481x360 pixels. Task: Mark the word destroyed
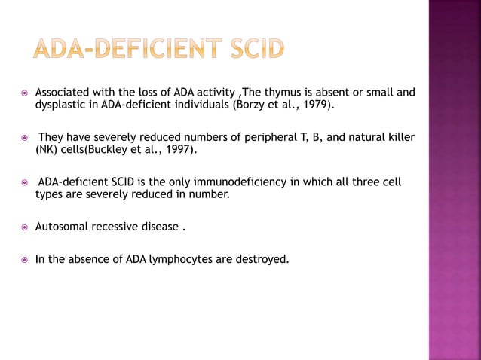click(x=264, y=260)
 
